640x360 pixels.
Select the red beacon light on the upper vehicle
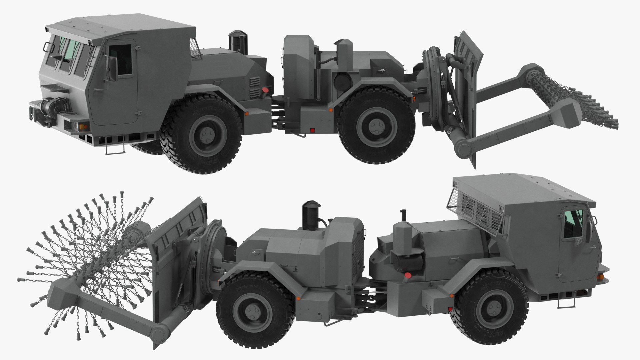(265, 90)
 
